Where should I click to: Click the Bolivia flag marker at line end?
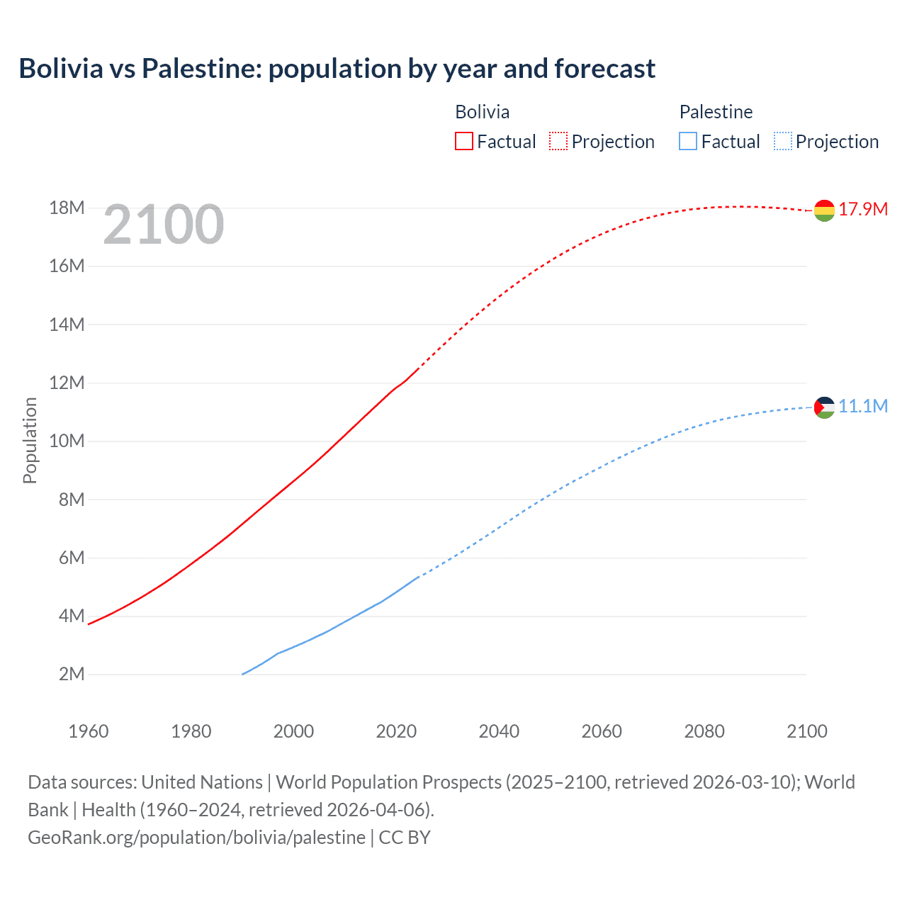pyautogui.click(x=824, y=210)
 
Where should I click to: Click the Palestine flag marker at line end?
pyautogui.click(x=824, y=407)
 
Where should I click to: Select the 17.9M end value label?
pyautogui.click(x=863, y=209)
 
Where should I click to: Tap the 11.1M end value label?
pyautogui.click(x=863, y=406)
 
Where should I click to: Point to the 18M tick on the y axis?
pyautogui.click(x=67, y=208)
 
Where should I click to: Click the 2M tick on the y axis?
pyautogui.click(x=72, y=674)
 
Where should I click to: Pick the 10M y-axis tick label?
pyautogui.click(x=67, y=441)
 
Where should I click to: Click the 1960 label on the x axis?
pyautogui.click(x=89, y=731)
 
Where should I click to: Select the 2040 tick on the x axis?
pyautogui.click(x=499, y=731)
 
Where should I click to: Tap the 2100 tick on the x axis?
pyautogui.click(x=806, y=731)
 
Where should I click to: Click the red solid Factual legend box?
pyautogui.click(x=463, y=141)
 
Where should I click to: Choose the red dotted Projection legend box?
pyautogui.click(x=558, y=141)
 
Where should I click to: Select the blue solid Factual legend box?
pyautogui.click(x=687, y=141)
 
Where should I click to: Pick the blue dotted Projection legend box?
pyautogui.click(x=783, y=141)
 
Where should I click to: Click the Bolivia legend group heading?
pyautogui.click(x=482, y=112)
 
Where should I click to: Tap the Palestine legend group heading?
pyautogui.click(x=716, y=112)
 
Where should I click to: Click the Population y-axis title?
pyautogui.click(x=30, y=440)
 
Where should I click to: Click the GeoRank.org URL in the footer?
pyautogui.click(x=196, y=837)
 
